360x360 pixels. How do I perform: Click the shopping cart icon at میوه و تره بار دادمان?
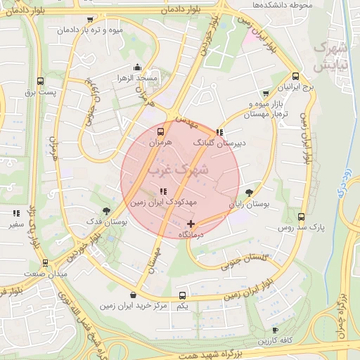pos(88,20)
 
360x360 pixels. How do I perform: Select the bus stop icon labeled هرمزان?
pos(161,131)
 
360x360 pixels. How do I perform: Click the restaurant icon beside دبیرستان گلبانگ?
pos(220,131)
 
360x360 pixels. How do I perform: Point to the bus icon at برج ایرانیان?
pos(295,77)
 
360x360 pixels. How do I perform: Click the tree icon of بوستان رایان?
pos(250,193)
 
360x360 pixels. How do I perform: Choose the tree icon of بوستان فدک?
pos(106,210)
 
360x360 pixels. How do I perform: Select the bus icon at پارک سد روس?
pos(302,217)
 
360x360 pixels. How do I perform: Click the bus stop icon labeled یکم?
pos(182,295)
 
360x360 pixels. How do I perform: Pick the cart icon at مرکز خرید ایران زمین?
pos(133,295)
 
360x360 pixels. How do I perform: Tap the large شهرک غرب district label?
pos(179,169)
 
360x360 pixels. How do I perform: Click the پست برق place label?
pos(39,92)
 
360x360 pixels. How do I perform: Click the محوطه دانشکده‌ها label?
pos(285,6)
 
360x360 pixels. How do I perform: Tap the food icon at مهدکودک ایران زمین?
pos(163,191)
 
